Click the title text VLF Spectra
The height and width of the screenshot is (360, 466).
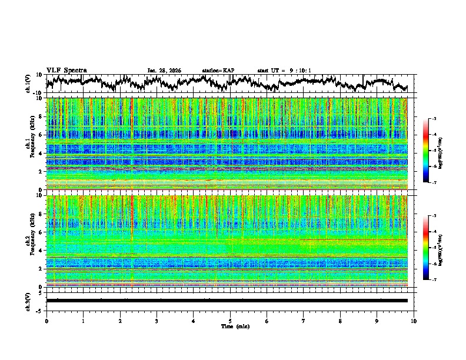(x=66, y=71)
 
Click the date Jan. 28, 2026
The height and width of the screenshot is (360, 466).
(x=164, y=71)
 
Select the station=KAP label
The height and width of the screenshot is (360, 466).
(x=218, y=71)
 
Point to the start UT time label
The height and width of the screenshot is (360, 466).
(x=284, y=71)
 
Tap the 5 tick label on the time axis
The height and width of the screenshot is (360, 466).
(x=230, y=321)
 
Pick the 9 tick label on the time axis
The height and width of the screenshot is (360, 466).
(x=377, y=321)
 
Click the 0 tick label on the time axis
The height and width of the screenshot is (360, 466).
(x=46, y=321)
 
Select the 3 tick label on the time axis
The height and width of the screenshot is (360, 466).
(x=157, y=321)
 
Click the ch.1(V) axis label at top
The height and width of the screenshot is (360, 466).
(x=28, y=84)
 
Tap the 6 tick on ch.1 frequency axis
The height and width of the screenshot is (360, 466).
(x=41, y=135)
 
